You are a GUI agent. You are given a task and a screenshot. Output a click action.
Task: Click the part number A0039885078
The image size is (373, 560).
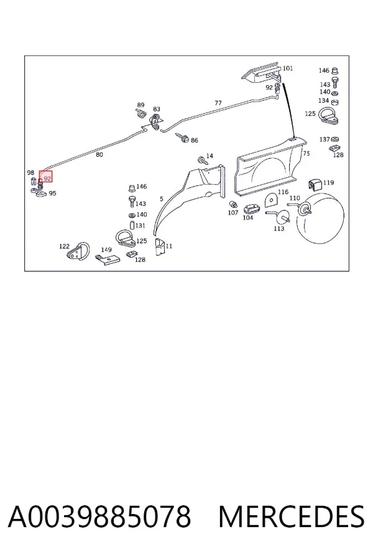pyautogui.click(x=99, y=516)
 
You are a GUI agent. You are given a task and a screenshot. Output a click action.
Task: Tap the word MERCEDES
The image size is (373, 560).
pyautogui.click(x=292, y=516)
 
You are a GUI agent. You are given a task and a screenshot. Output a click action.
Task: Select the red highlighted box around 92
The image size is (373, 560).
pyautogui.click(x=45, y=176)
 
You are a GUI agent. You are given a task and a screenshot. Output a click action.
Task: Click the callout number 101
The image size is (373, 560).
pyautogui.click(x=288, y=68)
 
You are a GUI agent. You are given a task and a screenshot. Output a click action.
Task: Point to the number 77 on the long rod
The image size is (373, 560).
pyautogui.click(x=218, y=103)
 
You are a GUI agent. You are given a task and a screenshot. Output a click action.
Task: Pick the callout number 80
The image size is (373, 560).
pyautogui.click(x=99, y=154)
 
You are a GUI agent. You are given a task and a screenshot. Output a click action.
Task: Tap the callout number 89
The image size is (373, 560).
pyautogui.click(x=140, y=105)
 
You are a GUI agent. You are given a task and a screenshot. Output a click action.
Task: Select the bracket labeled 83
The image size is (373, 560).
pyautogui.click(x=156, y=121)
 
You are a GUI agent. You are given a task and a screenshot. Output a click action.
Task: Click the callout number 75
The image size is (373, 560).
pyautogui.click(x=306, y=153)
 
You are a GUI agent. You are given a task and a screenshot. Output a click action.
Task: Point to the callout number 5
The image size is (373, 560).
pyautogui.click(x=162, y=199)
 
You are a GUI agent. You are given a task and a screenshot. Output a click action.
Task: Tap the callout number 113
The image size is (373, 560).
pyautogui.click(x=279, y=228)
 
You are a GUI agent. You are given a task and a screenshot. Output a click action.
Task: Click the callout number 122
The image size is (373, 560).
pyautogui.click(x=64, y=246)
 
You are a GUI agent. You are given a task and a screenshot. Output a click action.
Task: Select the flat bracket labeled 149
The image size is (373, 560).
pyautogui.click(x=108, y=259)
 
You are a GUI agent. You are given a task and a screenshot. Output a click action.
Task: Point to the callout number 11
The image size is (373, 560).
pyautogui.click(x=169, y=246)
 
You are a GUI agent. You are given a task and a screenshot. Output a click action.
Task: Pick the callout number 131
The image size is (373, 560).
pyautogui.click(x=140, y=225)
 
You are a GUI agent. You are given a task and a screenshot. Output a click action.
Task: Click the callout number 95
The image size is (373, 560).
pyautogui.click(x=52, y=194)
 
